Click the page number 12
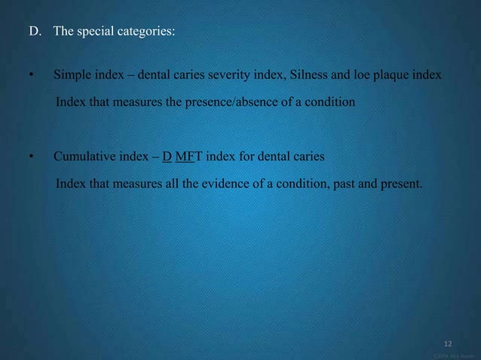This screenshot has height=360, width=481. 448,343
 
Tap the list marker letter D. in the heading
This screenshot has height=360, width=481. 35,33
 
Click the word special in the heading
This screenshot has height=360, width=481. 97,33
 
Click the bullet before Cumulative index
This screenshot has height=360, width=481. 31,157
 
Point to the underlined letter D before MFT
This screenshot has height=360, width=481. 167,157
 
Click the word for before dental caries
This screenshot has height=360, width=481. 242,157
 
